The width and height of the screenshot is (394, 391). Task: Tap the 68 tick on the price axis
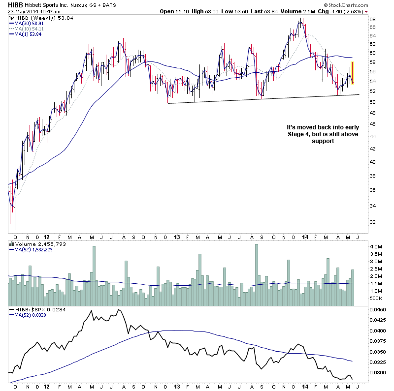coord(373,20)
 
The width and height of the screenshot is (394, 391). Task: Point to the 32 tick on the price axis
coord(373,222)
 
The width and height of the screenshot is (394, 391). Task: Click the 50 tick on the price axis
coord(373,102)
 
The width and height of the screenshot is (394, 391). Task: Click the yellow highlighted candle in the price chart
coord(352,72)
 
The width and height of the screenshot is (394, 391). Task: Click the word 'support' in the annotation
coord(323,142)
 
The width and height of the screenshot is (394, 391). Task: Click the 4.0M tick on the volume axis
coord(376,246)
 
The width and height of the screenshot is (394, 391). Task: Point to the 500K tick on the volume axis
coord(376,299)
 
